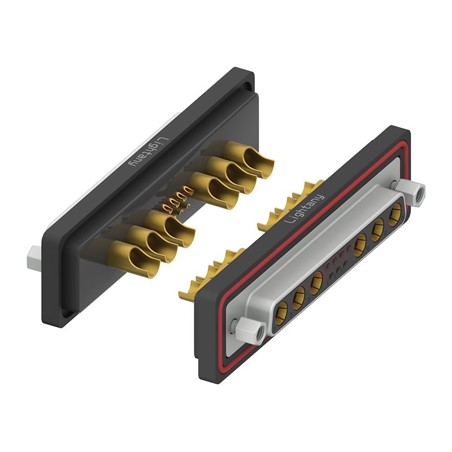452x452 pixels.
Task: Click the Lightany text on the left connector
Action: [x=149, y=151]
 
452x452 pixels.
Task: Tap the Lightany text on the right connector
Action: [x=304, y=208]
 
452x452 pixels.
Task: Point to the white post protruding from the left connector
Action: [x=34, y=258]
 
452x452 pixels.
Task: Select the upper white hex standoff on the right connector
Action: [x=410, y=192]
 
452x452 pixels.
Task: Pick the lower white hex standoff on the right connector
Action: [x=251, y=331]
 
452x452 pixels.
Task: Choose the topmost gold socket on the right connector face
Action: [x=395, y=215]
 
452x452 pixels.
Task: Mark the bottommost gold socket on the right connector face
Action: [x=281, y=314]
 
